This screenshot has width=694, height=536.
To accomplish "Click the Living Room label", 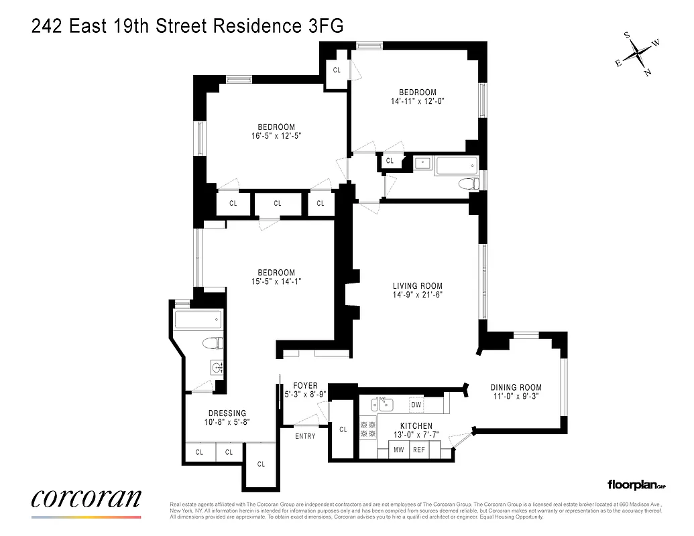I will (418, 286).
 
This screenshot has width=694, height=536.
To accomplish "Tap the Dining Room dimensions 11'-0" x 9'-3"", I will (516, 397).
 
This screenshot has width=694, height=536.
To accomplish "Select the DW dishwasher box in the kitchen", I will (416, 405).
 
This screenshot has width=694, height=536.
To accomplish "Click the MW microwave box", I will (398, 450).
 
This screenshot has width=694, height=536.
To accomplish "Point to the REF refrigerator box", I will (419, 450).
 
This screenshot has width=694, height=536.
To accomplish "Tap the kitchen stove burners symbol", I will (368, 429).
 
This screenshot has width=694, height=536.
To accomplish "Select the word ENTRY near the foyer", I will (305, 436).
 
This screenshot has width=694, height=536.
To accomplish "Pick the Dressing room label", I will (227, 413).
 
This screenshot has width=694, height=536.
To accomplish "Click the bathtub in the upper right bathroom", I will (456, 165).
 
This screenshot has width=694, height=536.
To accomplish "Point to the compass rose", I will (637, 54).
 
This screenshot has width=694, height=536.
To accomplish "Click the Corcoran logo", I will (86, 499).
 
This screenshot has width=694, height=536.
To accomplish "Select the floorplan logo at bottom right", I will (634, 484).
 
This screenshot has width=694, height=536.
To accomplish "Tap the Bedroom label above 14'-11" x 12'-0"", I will (418, 92).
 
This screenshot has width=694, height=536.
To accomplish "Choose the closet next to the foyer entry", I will (343, 429).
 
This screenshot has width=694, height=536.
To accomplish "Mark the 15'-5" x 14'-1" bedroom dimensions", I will (276, 282).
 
